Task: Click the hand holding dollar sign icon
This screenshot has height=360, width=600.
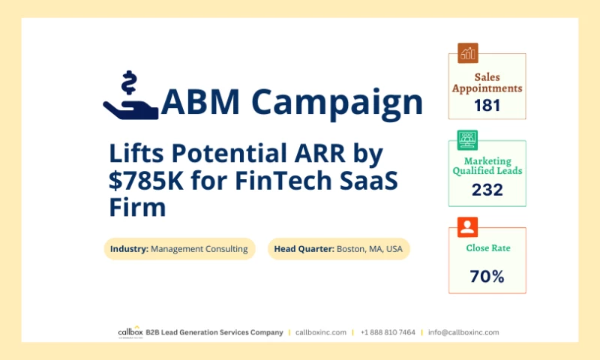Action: tap(130, 96)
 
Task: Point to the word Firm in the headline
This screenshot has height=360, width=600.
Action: tap(137, 206)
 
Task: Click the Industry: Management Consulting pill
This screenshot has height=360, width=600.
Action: tap(179, 249)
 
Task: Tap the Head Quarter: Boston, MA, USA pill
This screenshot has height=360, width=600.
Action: tap(339, 249)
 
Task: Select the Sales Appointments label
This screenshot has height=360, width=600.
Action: tap(487, 82)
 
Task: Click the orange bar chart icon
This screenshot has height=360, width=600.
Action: tap(468, 53)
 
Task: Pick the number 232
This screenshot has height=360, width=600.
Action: tap(487, 190)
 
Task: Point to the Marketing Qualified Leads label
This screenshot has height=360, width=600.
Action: tap(487, 166)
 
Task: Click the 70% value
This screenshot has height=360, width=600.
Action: tap(487, 276)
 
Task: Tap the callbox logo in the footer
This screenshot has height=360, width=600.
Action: tap(130, 332)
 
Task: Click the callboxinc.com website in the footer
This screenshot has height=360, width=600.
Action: tap(321, 332)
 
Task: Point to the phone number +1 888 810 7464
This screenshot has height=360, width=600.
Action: tap(388, 332)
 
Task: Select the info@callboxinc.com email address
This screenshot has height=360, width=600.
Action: tap(463, 332)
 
